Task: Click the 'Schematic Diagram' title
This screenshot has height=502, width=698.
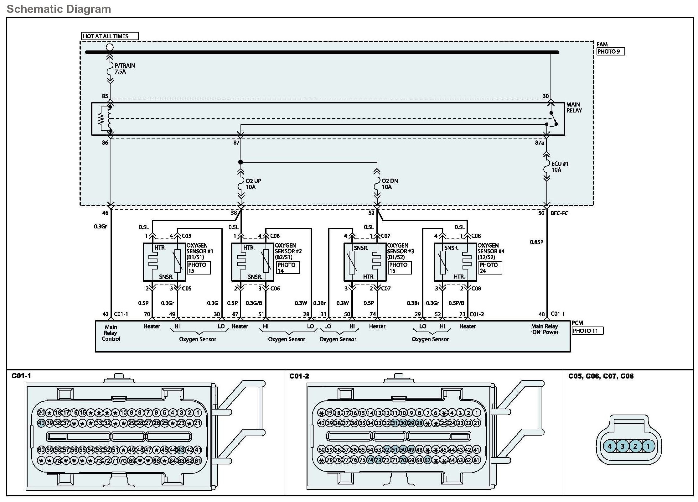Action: pos(59,9)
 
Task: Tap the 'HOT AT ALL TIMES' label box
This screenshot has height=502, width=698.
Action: pos(109,36)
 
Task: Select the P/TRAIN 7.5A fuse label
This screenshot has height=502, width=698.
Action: pos(124,69)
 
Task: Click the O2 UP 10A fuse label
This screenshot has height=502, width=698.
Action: pos(253,184)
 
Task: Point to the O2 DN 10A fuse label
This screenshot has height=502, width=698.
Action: pos(389,184)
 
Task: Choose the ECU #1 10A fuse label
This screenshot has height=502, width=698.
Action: pos(560,167)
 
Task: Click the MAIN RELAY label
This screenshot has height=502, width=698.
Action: pos(574,107)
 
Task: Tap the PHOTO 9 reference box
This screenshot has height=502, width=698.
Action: pos(610,52)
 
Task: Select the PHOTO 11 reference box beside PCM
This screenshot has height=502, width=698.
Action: pos(587,331)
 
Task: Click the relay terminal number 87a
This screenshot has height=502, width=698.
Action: pos(539,143)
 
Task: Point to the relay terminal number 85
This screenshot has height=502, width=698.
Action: pos(105,96)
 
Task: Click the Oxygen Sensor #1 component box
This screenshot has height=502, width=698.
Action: pos(164,262)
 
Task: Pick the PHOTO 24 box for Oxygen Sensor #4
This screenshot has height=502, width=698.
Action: pos(490,268)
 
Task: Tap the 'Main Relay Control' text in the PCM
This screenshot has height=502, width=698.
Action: pos(111,333)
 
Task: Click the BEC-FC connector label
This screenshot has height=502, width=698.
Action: pos(559,213)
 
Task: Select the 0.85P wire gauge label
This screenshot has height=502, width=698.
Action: pos(536,242)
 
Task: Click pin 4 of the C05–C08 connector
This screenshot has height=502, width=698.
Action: pos(609,446)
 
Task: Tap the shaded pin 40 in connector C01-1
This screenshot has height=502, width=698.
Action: pos(41,423)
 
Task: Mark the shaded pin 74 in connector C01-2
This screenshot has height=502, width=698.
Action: pos(370,460)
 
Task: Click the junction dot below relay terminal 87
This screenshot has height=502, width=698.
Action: pos(240,162)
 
